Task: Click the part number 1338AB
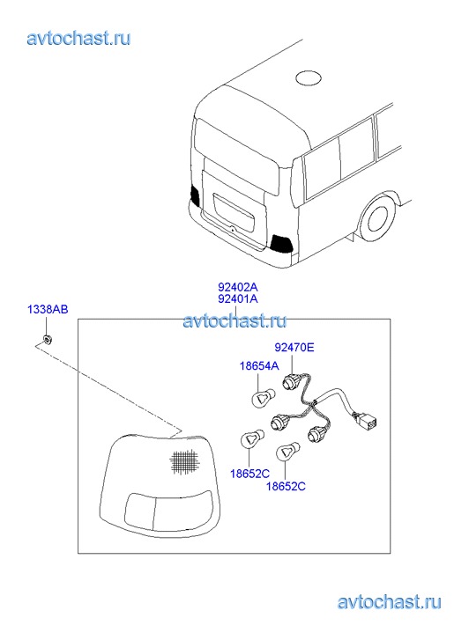pos(48,309)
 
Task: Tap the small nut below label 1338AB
pos(48,338)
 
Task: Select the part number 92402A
pos(238,286)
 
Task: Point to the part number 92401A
pos(238,298)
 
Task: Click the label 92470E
pos(294,348)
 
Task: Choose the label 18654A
pos(259,365)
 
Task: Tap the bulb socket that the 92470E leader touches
pos(291,382)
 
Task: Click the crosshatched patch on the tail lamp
pos(184,461)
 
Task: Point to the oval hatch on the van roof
pos(309,78)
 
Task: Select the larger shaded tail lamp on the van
pos(281,244)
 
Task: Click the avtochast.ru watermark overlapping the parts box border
pos(234,321)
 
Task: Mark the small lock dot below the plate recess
pos(232,230)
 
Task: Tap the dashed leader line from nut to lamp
pos(108,387)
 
